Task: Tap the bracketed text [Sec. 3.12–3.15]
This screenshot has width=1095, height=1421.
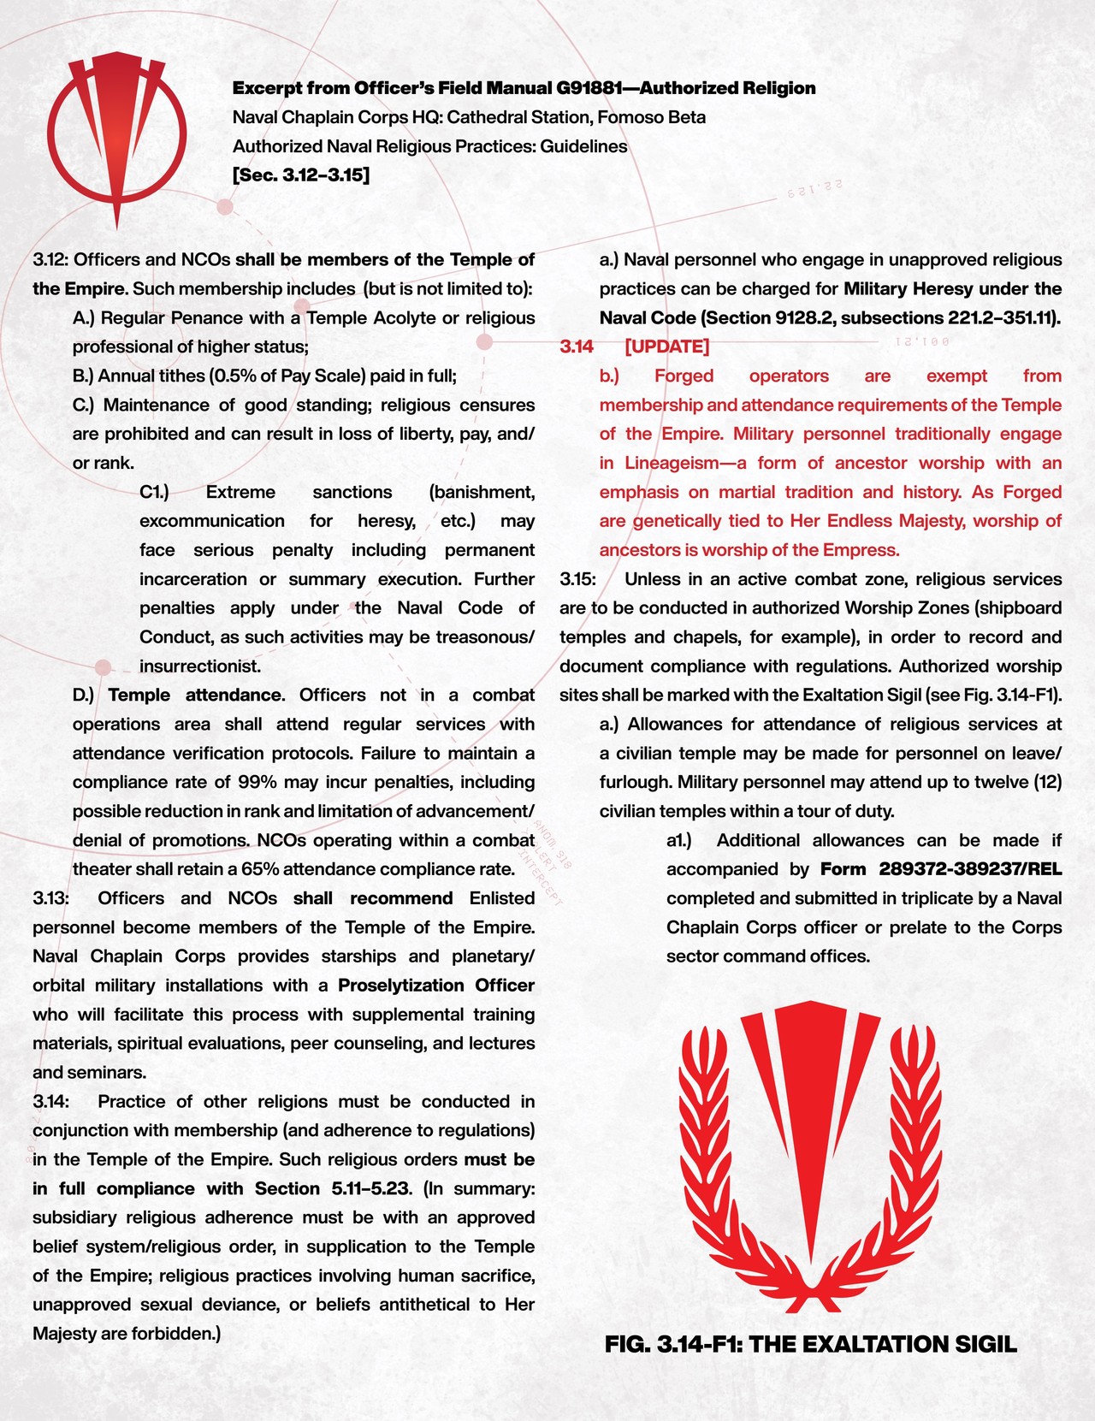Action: tap(301, 175)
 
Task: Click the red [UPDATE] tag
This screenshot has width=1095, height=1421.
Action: tap(667, 346)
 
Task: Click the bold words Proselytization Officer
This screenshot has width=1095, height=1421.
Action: tap(436, 986)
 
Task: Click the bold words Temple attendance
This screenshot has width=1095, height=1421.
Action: tap(195, 695)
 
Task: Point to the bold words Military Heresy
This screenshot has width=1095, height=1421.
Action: tap(908, 288)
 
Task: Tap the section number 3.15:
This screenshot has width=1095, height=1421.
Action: tap(577, 579)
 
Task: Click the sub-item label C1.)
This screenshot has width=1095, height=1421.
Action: tap(154, 492)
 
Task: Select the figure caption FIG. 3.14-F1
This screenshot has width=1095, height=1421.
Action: tap(674, 1344)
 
